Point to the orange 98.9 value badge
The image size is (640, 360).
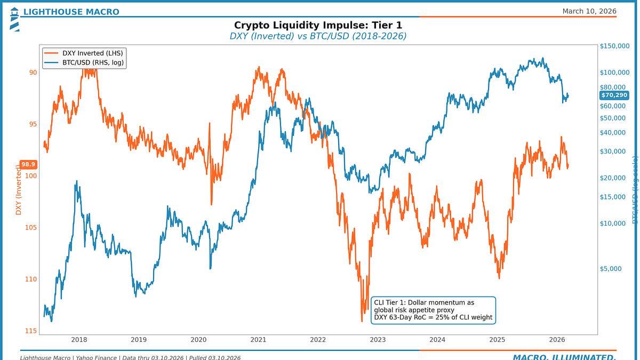coord(28,165)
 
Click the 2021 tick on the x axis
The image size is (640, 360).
coord(258,340)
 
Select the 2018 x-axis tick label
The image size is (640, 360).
coord(79,340)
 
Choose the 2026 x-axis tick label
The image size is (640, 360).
coord(557,340)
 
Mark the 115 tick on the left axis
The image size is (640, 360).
coord(30,331)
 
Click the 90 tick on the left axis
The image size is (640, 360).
coord(33,73)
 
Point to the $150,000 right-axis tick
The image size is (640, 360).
coord(614,46)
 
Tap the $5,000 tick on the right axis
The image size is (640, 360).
coord(611,269)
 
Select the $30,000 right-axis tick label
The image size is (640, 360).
coord(612,151)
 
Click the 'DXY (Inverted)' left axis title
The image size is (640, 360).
coord(19,189)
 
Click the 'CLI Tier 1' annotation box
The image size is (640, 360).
coord(433,310)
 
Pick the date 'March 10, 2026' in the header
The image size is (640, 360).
coord(589,11)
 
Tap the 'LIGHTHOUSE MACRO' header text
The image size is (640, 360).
coord(71,12)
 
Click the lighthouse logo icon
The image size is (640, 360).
coord(14,19)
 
